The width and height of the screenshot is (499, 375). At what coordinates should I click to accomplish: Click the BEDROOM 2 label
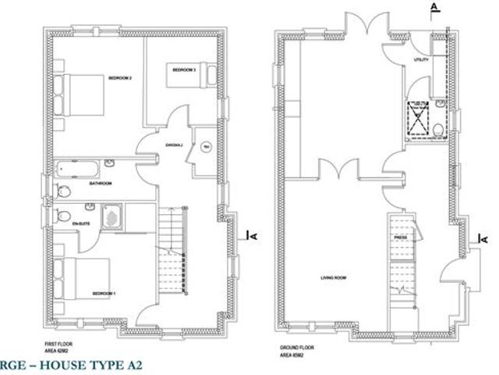(119, 78)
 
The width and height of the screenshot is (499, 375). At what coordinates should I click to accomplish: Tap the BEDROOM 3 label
(184, 70)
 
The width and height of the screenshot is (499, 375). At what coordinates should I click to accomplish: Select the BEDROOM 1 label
(104, 293)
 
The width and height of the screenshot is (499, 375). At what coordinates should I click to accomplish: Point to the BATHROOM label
(101, 184)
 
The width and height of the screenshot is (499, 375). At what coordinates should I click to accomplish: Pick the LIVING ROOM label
(333, 277)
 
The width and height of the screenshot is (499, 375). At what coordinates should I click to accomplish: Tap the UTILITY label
(422, 59)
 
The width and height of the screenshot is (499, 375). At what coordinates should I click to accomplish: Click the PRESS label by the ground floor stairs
(401, 236)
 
